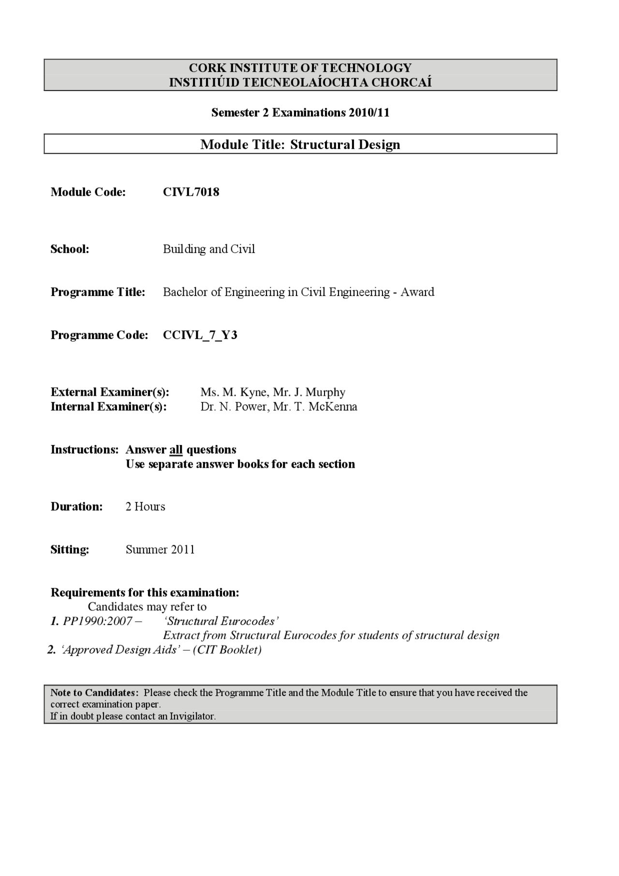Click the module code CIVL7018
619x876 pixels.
pos(191,192)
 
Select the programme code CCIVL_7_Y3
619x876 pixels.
pos(200,335)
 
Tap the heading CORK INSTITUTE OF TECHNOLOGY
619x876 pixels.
pos(300,68)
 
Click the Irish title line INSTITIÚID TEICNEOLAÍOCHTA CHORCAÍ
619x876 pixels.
pos(300,82)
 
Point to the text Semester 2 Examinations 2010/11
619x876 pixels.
pos(300,113)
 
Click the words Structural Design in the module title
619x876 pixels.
pos(345,145)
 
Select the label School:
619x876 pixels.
pos(70,249)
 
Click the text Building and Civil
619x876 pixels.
pos(208,249)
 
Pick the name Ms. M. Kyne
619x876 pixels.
pos(234,392)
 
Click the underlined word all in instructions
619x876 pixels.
pos(176,450)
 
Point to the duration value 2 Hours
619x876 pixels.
pos(145,507)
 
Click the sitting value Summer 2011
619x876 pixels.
pos(160,550)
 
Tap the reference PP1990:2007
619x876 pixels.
pos(97,621)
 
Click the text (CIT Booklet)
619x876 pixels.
pos(227,650)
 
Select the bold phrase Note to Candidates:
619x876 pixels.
pos(95,693)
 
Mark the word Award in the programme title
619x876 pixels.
pos(417,292)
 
